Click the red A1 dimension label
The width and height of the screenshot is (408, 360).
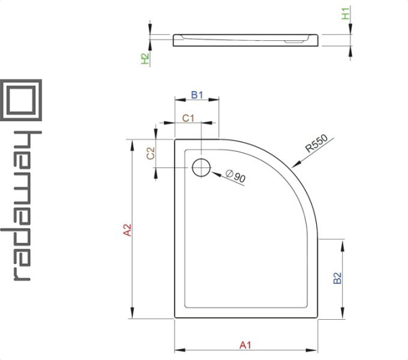click(245, 345)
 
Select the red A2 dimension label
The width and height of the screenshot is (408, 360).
click(128, 230)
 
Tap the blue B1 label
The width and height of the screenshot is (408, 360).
click(197, 95)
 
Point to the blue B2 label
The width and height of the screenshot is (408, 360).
click(337, 278)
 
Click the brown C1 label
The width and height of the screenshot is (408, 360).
click(188, 118)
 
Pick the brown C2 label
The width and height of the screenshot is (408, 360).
click(151, 153)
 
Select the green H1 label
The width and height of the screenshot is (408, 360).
click(345, 14)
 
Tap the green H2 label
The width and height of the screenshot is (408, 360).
click(145, 59)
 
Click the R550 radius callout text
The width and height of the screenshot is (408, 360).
click(317, 144)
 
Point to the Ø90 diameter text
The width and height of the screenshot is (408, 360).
click(235, 176)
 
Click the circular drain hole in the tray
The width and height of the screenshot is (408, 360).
click(201, 167)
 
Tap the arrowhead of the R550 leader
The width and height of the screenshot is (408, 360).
click(296, 165)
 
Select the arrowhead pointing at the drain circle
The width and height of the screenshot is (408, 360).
click(216, 174)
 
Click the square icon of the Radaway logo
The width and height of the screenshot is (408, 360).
click(21, 100)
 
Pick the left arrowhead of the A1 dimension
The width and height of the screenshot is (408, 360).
click(180, 350)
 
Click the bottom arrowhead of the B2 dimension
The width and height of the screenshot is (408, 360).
click(343, 313)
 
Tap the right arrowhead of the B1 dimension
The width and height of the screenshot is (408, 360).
click(214, 99)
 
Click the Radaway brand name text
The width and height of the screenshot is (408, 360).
click(21, 206)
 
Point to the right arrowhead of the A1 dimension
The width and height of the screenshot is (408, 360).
click(312, 350)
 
